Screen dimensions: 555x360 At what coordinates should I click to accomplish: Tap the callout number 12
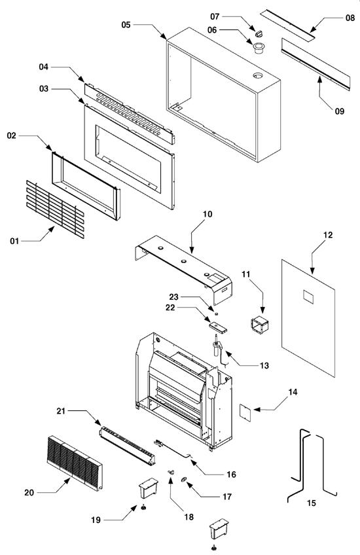tap(328, 234)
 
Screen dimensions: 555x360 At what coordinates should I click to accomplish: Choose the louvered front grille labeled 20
tap(75, 463)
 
